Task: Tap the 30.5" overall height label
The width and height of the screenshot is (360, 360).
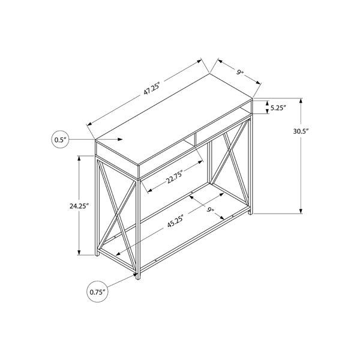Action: point(301,131)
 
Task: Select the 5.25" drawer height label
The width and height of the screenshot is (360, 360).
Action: point(278,108)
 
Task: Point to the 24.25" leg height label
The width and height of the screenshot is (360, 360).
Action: point(79,206)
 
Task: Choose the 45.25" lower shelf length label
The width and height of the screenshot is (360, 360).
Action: point(176,221)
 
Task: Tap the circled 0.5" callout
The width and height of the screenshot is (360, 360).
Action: point(60,139)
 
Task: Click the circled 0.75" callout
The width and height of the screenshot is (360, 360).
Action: point(97,292)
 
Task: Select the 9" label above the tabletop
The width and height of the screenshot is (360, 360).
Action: point(239,73)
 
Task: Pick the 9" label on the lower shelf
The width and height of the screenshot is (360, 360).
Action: point(210,209)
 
